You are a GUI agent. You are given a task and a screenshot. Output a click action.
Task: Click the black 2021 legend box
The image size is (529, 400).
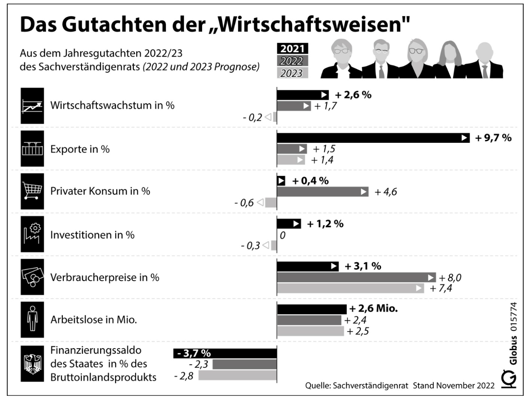pos(292,49)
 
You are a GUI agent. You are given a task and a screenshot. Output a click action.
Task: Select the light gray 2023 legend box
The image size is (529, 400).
pos(292,73)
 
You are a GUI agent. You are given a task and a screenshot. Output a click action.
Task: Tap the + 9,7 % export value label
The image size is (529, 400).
pos(493,138)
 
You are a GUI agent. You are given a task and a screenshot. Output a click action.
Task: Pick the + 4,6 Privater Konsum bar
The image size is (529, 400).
pos(322,192)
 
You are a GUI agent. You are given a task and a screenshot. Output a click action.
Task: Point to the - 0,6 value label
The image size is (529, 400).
pos(244,203)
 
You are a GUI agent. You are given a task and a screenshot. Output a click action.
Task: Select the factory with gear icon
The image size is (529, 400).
pos(32,234)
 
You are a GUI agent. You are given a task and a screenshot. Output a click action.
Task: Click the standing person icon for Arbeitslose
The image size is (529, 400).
pos(32,319)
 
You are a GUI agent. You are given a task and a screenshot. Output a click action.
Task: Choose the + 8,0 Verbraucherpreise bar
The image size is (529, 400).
pos(356,277)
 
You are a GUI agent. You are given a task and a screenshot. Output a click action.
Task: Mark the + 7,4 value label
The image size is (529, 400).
pos(441,288)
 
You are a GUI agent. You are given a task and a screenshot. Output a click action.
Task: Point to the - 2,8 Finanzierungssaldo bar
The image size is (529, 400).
pos(237,376)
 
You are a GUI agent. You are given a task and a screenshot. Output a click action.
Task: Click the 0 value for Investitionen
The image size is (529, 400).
pos(282,235)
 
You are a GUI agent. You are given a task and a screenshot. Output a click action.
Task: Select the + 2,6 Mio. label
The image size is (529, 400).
pos(374,309)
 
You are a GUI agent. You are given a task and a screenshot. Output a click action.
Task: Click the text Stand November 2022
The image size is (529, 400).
pos(454,386)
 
